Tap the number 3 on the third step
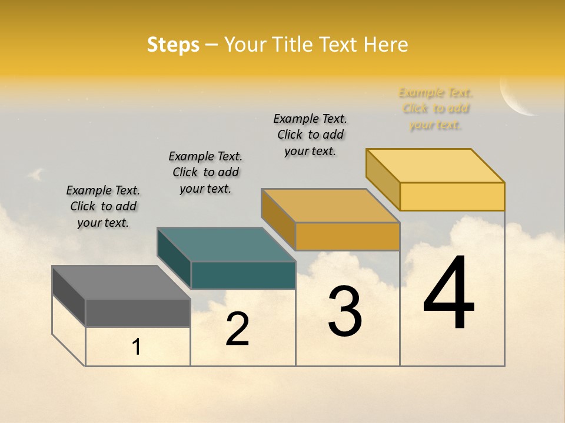coord(345,311)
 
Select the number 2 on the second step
coord(237,329)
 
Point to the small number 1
coord(137,347)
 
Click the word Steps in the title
coord(173,45)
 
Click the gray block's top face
coord(121,283)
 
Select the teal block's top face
coord(226,244)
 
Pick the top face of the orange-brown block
coord(331,206)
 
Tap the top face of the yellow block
coord(436,166)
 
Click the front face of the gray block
coord(138,313)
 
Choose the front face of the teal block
coord(243,275)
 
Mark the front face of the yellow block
coord(452,196)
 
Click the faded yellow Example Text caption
coord(436,109)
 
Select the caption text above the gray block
coord(103,206)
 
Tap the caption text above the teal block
coord(205,172)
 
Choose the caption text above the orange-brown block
coord(310,135)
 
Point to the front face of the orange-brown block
coord(347,237)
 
